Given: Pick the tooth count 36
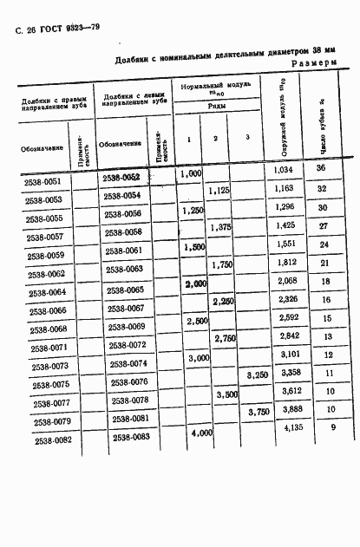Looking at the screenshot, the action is click(321, 168).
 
